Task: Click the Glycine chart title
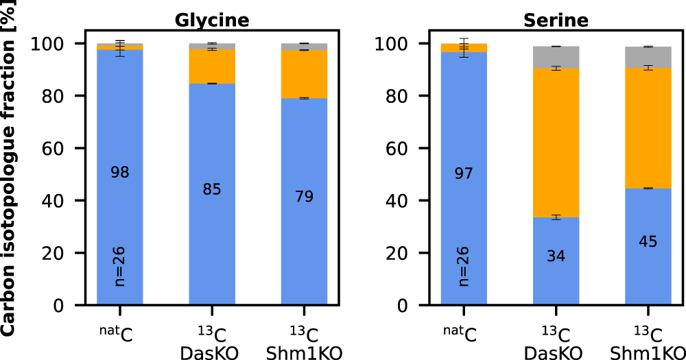tap(212, 20)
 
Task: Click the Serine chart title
tap(556, 20)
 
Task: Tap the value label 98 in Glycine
tap(120, 173)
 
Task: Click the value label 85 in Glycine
tap(212, 189)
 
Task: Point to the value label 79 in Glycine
tap(304, 197)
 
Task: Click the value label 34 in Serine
tap(556, 256)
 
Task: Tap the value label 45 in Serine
tap(648, 242)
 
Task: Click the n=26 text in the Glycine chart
tap(120, 266)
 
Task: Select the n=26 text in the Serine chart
tap(464, 266)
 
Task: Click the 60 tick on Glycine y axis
tap(60, 148)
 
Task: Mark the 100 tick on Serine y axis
tap(399, 44)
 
